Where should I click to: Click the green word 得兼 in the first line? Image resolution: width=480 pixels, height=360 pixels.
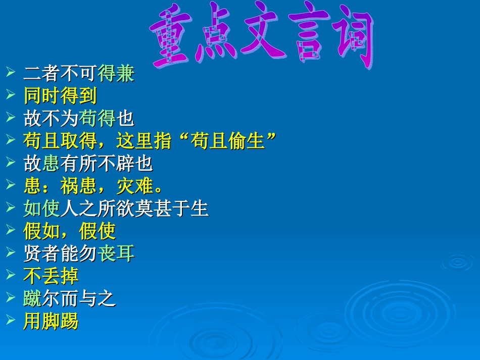coord(116,74)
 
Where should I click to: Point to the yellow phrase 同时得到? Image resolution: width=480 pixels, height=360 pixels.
coord(60,96)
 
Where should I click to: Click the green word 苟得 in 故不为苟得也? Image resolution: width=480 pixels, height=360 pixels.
coord(98,119)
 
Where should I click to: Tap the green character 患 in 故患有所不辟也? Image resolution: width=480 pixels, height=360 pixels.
coord(51,163)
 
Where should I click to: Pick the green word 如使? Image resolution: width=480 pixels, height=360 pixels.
coord(42,208)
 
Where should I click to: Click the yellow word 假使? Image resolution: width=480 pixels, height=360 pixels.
coord(98,231)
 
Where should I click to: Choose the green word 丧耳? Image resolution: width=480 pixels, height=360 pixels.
coord(116,253)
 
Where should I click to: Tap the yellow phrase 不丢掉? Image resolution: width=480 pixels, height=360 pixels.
coord(51,276)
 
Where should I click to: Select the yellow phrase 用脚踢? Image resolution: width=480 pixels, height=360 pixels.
coord(51,321)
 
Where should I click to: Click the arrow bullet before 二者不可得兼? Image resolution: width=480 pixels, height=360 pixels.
coord(12,74)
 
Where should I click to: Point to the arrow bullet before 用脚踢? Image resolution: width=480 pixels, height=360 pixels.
coord(12,321)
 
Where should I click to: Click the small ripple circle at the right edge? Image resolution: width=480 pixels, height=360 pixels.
coord(458,262)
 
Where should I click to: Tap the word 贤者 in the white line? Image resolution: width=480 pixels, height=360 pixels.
coord(42,253)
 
